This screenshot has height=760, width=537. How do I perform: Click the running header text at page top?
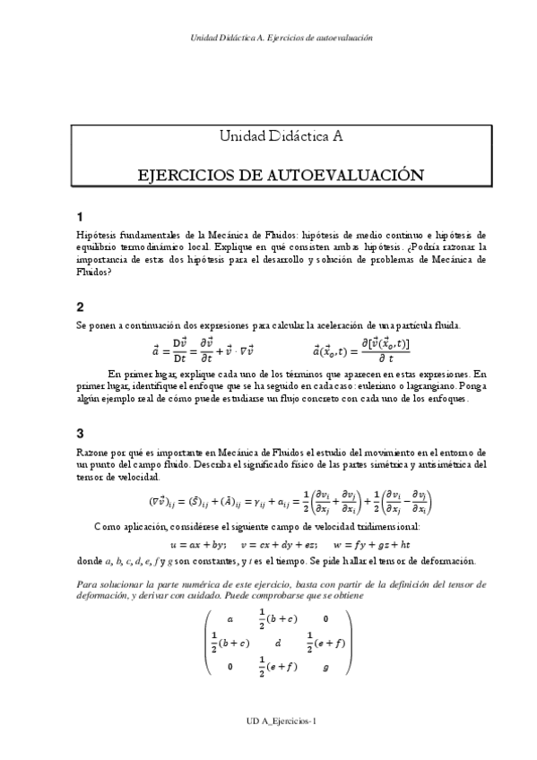[x=281, y=39]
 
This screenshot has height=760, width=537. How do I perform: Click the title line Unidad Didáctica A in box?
[x=281, y=137]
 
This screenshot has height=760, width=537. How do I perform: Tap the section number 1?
[x=81, y=217]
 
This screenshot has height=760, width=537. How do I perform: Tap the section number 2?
[x=81, y=306]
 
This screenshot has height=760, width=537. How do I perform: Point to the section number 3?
[x=81, y=431]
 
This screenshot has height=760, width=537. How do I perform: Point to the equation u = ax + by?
[x=197, y=544]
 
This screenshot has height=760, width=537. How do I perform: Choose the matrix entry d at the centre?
[x=279, y=643]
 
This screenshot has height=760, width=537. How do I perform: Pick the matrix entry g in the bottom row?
[x=325, y=667]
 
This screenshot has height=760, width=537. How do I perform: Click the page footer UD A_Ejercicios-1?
[x=281, y=721]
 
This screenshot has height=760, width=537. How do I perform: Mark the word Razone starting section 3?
[x=93, y=453]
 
